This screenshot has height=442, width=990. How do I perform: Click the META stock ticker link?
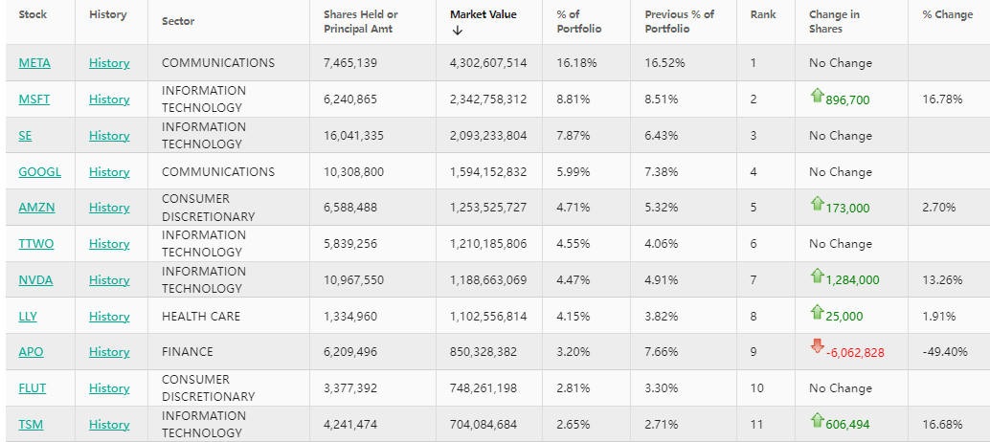(34, 63)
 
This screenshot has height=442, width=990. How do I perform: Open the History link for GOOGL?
(109, 172)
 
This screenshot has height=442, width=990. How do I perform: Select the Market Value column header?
(483, 14)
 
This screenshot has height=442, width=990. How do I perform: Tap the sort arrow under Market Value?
(457, 31)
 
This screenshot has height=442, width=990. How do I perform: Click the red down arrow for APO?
(817, 346)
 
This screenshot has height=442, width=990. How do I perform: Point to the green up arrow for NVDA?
(817, 276)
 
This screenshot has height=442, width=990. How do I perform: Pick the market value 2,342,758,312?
(488, 99)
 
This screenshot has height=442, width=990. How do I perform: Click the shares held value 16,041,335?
(353, 136)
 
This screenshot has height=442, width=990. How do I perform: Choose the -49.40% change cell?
(943, 352)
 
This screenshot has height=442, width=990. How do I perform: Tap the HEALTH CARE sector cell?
(201, 317)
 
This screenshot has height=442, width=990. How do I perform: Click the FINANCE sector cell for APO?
(188, 352)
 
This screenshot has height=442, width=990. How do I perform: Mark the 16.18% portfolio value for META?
(576, 63)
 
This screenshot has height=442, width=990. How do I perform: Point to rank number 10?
(756, 388)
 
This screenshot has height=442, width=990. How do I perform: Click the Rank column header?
(763, 14)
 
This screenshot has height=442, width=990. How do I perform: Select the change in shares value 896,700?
(847, 100)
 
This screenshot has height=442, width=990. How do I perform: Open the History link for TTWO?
(109, 244)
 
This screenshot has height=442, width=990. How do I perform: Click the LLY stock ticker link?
(28, 317)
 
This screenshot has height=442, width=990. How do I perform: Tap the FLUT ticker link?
(33, 388)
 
